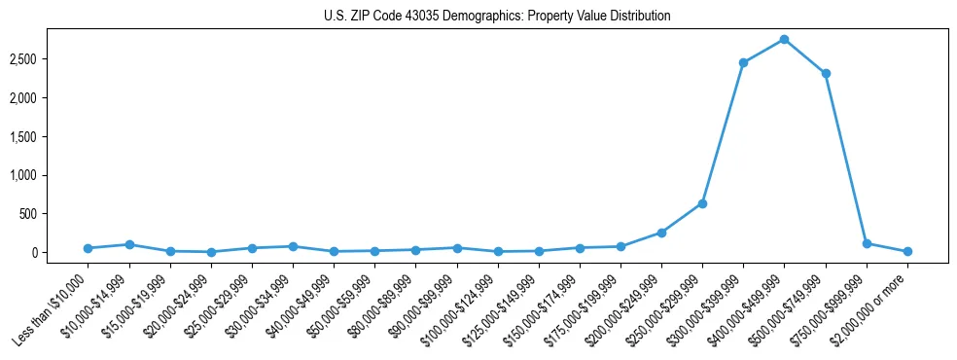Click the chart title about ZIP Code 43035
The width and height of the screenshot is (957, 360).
[497, 17]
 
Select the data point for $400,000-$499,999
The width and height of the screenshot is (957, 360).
[784, 39]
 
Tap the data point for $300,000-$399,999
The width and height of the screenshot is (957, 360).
[743, 62]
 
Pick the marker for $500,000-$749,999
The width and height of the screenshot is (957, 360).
[826, 73]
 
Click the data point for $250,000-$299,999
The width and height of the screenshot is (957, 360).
[702, 203]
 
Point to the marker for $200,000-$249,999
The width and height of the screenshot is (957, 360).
[661, 233]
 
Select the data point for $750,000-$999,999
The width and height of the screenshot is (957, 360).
[867, 243]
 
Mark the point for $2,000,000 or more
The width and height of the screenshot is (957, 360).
[907, 251]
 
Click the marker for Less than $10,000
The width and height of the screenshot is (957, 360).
[88, 248]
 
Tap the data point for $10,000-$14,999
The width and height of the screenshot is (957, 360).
[128, 244]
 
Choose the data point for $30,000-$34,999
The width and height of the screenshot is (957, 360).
[293, 246]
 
